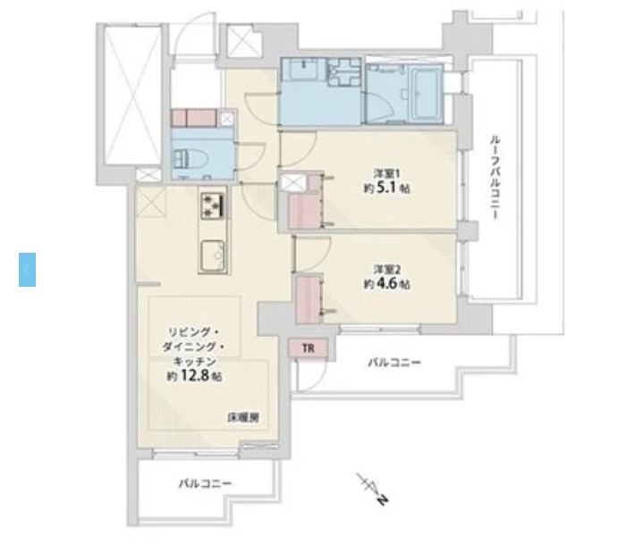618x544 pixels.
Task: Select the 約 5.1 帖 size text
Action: [386, 188]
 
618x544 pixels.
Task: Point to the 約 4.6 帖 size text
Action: [386, 285]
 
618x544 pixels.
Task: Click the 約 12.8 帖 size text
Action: [194, 376]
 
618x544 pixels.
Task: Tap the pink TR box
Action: [308, 348]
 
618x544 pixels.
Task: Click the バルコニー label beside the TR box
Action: [394, 363]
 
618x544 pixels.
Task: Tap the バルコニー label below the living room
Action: [205, 483]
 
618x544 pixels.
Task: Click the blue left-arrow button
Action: [28, 269]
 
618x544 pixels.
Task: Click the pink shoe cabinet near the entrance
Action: [194, 118]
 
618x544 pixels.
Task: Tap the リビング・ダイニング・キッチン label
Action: [194, 343]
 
